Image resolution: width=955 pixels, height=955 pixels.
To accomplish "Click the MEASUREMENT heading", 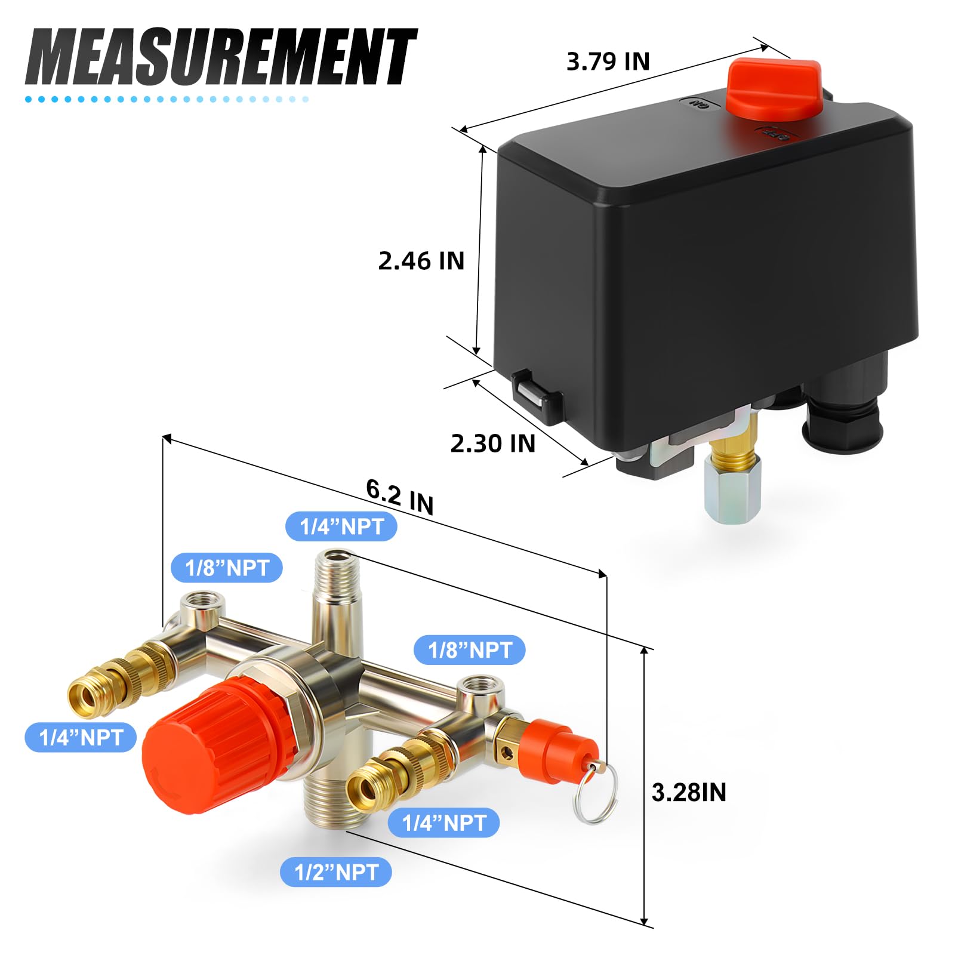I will point(221,58).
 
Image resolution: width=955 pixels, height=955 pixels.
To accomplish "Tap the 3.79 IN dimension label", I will point(607,61).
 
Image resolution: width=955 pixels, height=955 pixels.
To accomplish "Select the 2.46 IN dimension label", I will point(421,261).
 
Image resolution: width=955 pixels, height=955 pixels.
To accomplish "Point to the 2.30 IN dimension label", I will point(492,443).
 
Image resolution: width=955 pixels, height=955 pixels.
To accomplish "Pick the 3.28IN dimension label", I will point(688,793).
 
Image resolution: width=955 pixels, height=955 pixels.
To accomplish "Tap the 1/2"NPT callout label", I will point(336,873).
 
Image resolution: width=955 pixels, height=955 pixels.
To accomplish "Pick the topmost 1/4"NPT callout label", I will point(341,526).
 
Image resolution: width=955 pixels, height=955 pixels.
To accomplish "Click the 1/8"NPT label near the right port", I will point(470,650).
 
